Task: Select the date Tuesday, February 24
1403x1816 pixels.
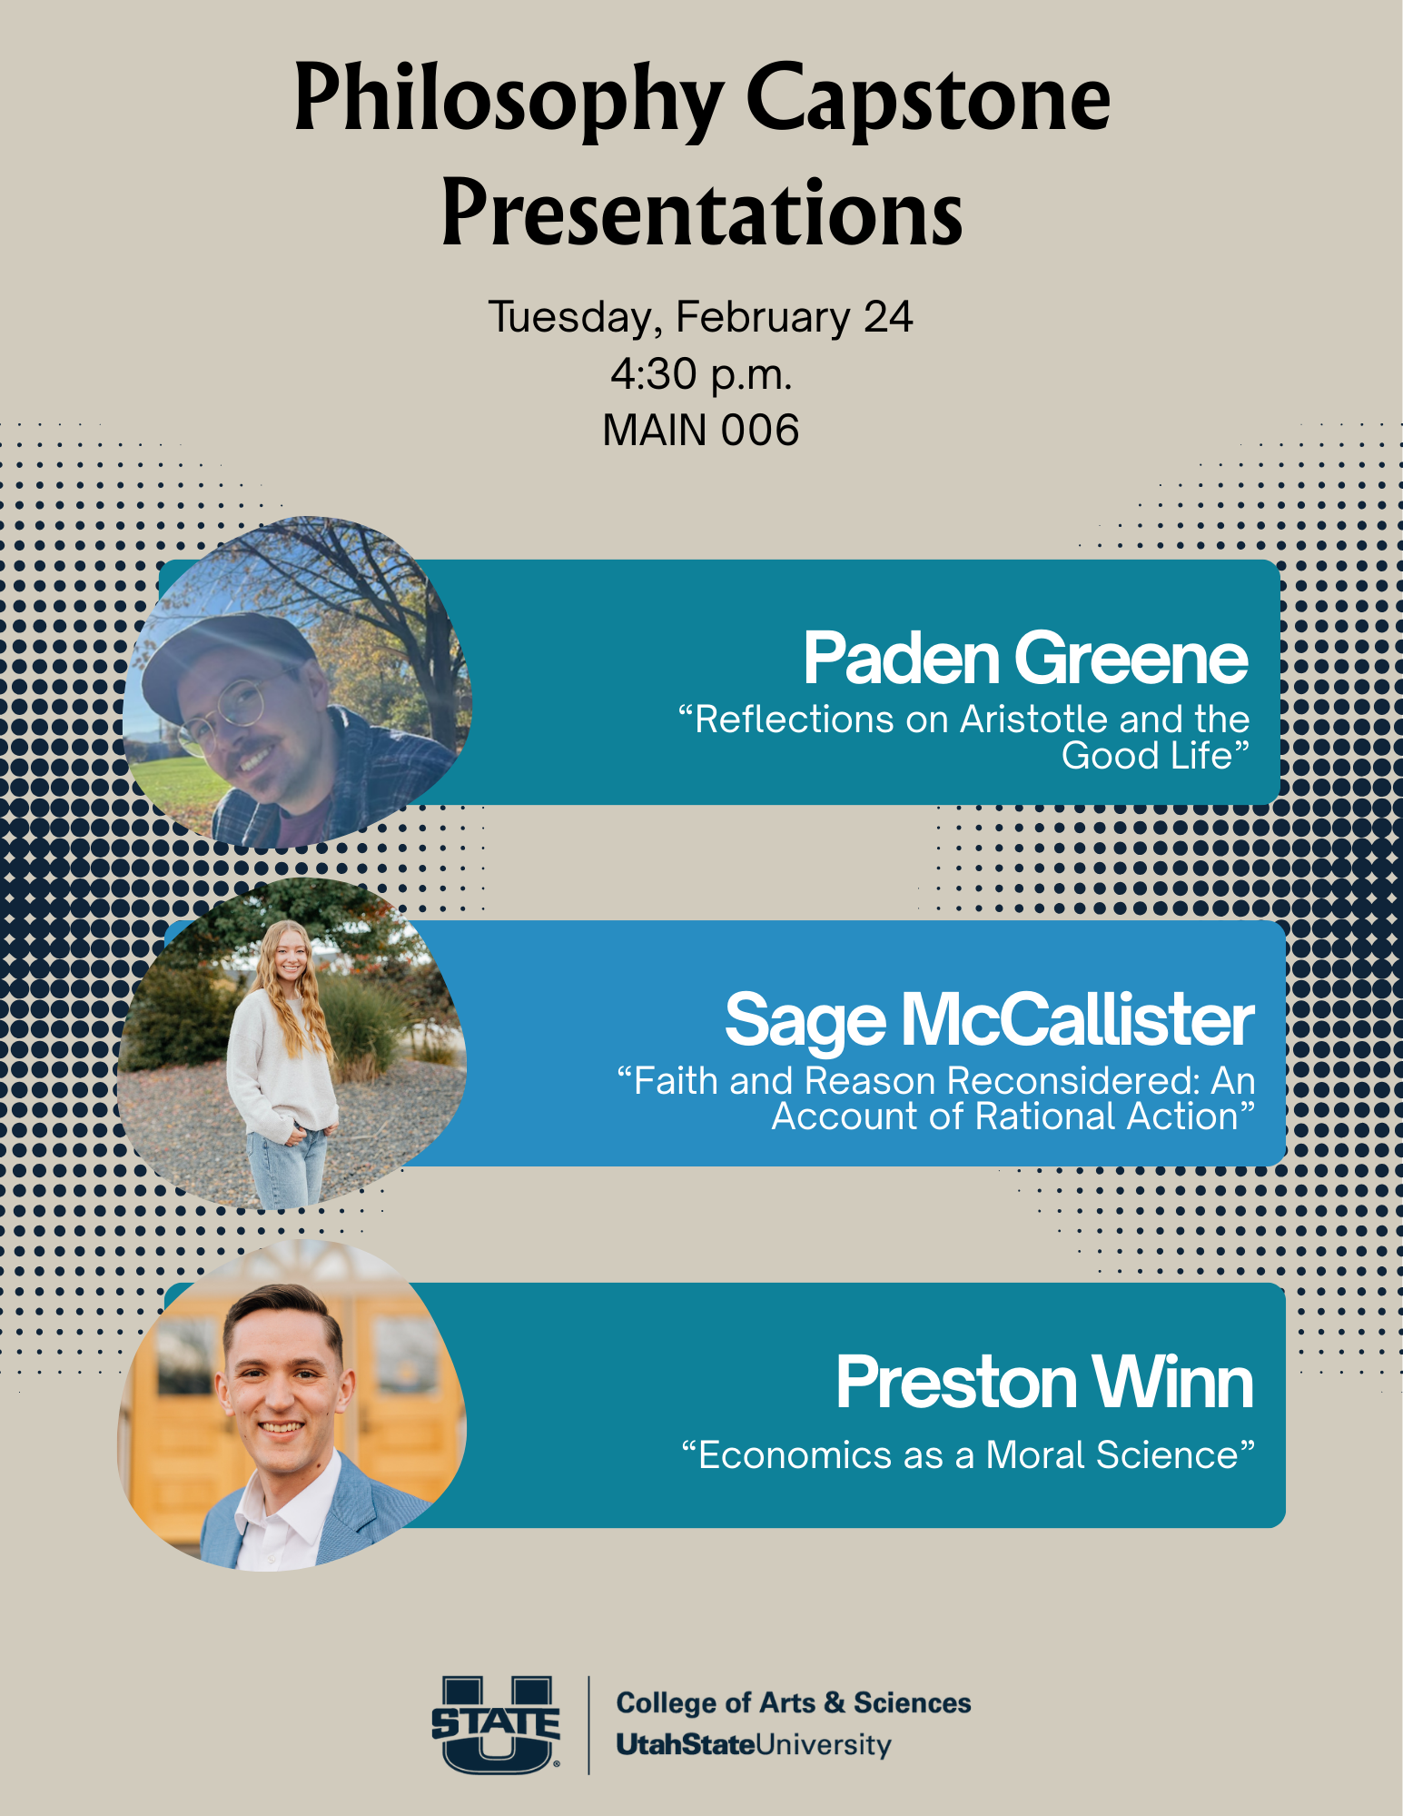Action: (x=701, y=318)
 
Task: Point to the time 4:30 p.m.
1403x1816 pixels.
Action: (x=701, y=374)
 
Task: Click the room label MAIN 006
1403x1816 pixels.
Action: (x=701, y=430)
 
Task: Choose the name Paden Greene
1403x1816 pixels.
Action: (x=1026, y=658)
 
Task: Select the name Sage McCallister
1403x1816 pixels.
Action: (x=990, y=1020)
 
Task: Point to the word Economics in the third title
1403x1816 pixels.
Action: (x=795, y=1455)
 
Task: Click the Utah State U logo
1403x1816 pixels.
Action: (x=496, y=1724)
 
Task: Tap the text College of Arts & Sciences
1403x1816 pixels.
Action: (x=794, y=1702)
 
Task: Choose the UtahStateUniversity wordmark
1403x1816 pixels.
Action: (x=754, y=1745)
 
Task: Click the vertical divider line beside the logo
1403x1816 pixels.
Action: (x=588, y=1724)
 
